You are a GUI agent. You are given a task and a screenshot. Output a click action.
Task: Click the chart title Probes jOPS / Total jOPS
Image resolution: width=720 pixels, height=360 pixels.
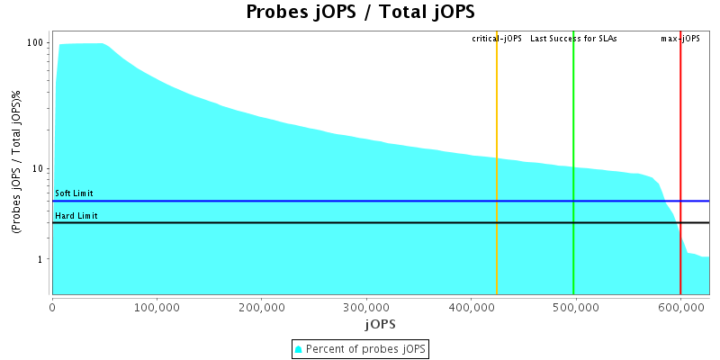[x=360, y=13]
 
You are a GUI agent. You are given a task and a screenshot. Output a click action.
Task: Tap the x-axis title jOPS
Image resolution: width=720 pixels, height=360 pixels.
[x=381, y=323]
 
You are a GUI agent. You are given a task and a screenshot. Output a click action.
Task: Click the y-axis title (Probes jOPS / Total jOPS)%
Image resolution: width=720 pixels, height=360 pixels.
[x=17, y=162]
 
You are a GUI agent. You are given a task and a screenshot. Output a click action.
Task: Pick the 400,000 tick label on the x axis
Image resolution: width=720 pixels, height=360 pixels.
[x=471, y=307]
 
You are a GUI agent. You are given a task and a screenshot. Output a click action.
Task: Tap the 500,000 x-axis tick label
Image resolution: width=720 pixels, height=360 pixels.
[x=575, y=307]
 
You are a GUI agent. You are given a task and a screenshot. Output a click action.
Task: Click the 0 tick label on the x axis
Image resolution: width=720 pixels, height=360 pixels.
[x=52, y=307]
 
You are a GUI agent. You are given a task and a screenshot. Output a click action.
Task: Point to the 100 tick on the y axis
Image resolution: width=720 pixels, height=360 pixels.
[x=36, y=43]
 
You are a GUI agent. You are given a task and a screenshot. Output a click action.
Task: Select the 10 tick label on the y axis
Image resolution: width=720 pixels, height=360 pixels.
[x=40, y=168]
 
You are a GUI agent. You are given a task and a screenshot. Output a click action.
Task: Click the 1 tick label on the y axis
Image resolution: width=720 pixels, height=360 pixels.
[x=42, y=259]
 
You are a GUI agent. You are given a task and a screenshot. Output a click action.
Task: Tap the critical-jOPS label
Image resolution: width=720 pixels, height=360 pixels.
[x=497, y=39]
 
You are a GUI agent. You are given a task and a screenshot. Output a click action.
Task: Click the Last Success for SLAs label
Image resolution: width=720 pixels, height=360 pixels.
[x=573, y=39]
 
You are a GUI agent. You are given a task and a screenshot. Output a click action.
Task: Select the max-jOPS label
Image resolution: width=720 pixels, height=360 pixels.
[x=680, y=39]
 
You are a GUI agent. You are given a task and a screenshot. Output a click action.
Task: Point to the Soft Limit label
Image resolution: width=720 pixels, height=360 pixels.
[x=74, y=193]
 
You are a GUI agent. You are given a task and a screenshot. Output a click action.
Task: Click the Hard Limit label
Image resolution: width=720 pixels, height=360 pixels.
[x=76, y=216]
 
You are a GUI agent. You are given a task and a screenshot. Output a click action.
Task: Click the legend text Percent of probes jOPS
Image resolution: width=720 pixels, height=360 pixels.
[x=366, y=348]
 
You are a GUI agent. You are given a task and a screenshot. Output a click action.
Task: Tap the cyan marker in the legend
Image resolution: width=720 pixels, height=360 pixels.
[x=299, y=348]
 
